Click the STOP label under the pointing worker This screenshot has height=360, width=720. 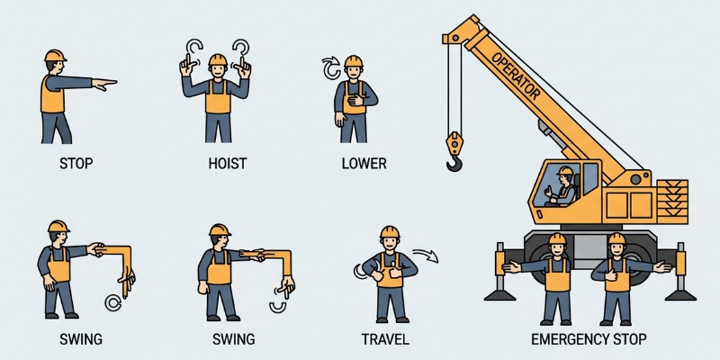click(76, 164)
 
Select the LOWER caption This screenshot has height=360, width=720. click(364, 164)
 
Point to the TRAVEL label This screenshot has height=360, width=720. click(385, 339)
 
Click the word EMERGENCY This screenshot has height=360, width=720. click(563, 339)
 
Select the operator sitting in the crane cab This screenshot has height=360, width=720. click(563, 184)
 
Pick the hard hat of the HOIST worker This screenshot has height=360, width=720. click(217, 59)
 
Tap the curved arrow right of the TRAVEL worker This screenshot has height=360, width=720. click(425, 257)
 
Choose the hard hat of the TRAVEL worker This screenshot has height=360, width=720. click(389, 232)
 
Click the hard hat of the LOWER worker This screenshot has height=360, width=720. click(354, 61)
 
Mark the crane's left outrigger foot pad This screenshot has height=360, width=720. click(498, 293)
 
